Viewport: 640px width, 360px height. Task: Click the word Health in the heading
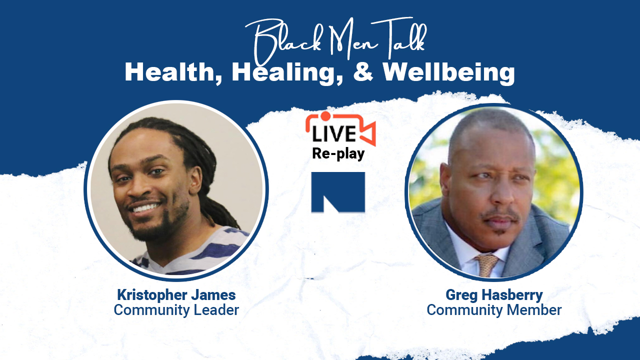(170, 72)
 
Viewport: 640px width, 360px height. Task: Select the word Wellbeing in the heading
(449, 72)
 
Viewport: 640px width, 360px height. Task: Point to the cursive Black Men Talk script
(335, 40)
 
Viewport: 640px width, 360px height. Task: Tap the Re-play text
(338, 153)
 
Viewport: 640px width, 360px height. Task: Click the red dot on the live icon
(325, 115)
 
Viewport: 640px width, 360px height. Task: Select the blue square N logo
(338, 192)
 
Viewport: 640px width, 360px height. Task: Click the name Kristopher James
(176, 295)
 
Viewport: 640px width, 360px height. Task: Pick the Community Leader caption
(176, 310)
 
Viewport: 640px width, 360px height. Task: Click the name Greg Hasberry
(494, 295)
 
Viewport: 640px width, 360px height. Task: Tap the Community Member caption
(494, 310)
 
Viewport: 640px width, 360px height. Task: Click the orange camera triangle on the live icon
(368, 133)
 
